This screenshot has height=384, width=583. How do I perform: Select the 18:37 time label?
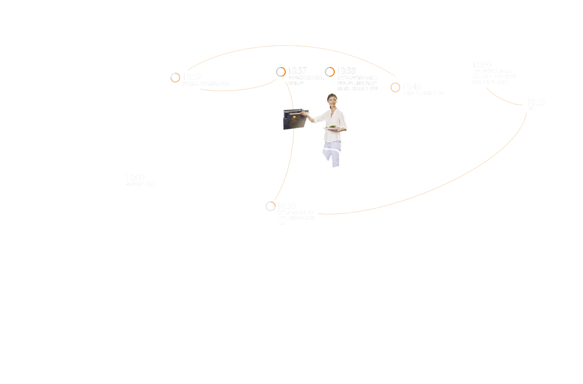pos(297,71)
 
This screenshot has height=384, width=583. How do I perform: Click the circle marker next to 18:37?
pos(281,72)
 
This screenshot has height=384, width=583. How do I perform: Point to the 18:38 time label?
pos(346,71)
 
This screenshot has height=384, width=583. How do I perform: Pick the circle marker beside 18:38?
pos(330,72)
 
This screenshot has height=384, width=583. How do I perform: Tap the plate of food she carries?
pos(332,127)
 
